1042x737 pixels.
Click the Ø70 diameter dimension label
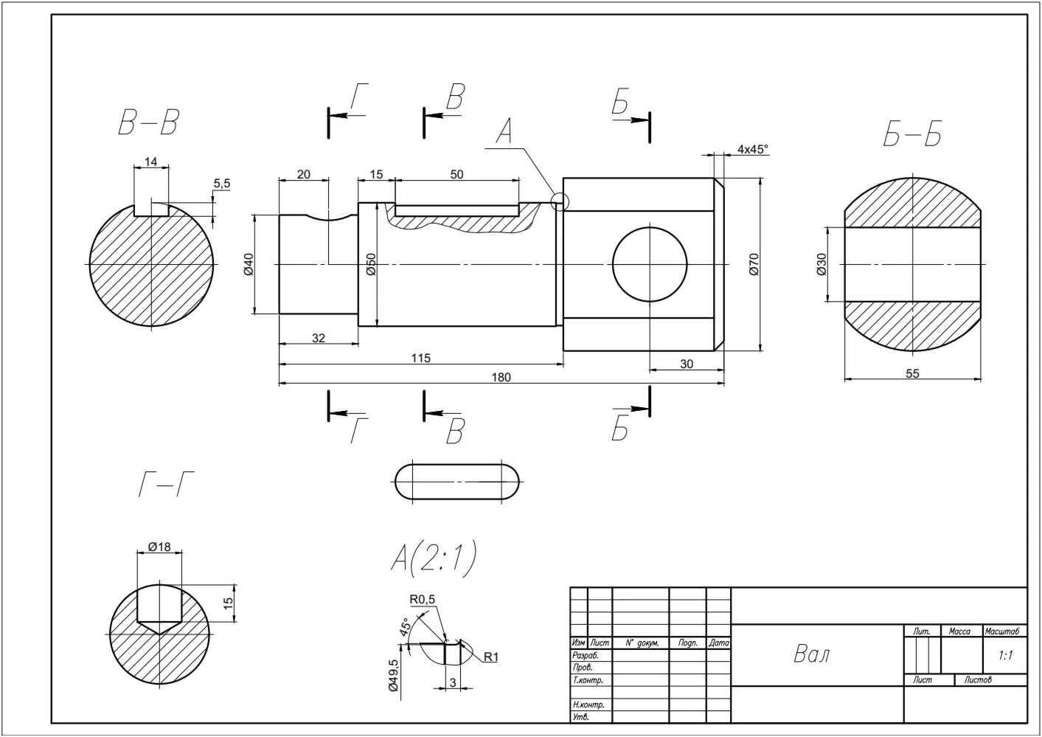coord(754,264)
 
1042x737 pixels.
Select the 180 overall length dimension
coord(501,377)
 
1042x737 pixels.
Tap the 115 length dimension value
coord(420,359)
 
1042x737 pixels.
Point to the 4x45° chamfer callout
coord(753,149)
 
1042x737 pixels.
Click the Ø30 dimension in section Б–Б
coord(822,264)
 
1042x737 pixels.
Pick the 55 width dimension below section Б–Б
coord(912,373)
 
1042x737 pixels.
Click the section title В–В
coord(148,122)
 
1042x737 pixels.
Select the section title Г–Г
coord(166,485)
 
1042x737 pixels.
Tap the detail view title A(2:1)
coord(434,558)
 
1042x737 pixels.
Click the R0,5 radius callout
coord(422,600)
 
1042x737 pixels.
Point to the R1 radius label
coord(490,657)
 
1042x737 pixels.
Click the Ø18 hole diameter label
coord(159,547)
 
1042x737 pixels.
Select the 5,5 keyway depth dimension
coord(222,184)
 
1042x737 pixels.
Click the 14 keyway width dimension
coord(150,162)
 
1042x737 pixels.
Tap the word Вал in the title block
coord(812,654)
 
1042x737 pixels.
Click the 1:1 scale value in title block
coord(1005,656)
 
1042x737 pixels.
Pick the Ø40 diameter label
coord(249,264)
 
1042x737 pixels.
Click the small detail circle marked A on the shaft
coord(560,202)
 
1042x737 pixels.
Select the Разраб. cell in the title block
coord(586,655)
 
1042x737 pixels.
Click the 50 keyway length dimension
coord(456,175)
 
